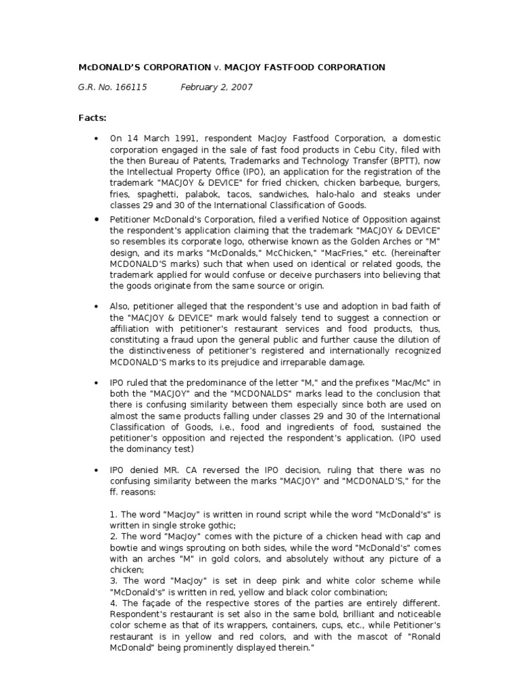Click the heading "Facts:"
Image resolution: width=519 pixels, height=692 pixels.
[x=93, y=118]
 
